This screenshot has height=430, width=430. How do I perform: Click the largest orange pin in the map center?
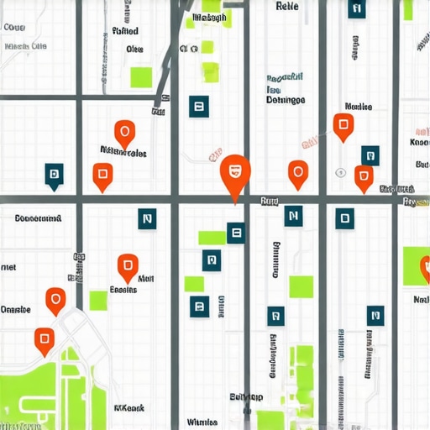pos(235,172)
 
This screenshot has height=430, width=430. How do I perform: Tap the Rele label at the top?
pos(287,6)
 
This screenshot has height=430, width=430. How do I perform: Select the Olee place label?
pos(134,50)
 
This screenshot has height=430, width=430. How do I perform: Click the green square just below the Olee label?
pos(141,77)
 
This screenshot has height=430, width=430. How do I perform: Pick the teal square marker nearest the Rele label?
pos(356,10)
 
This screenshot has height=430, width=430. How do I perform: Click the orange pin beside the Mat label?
pos(127,266)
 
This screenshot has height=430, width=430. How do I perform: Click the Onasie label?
pos(16,309)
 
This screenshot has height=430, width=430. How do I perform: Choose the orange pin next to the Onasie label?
pos(55,299)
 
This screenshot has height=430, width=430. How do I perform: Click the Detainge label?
pos(285,99)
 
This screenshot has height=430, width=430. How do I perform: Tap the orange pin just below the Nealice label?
pos(343,126)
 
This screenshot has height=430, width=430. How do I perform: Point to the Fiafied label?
pos(125,31)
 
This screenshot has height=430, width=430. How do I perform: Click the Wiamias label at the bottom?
pos(202,422)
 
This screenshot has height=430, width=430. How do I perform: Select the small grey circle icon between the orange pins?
pos(340,172)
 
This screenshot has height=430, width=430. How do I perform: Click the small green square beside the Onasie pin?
pos(98,300)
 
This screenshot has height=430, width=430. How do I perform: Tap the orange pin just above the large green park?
pos(45,338)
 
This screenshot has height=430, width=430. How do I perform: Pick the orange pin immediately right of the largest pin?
pos(296,173)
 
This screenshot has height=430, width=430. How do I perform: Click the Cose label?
pos(14,27)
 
